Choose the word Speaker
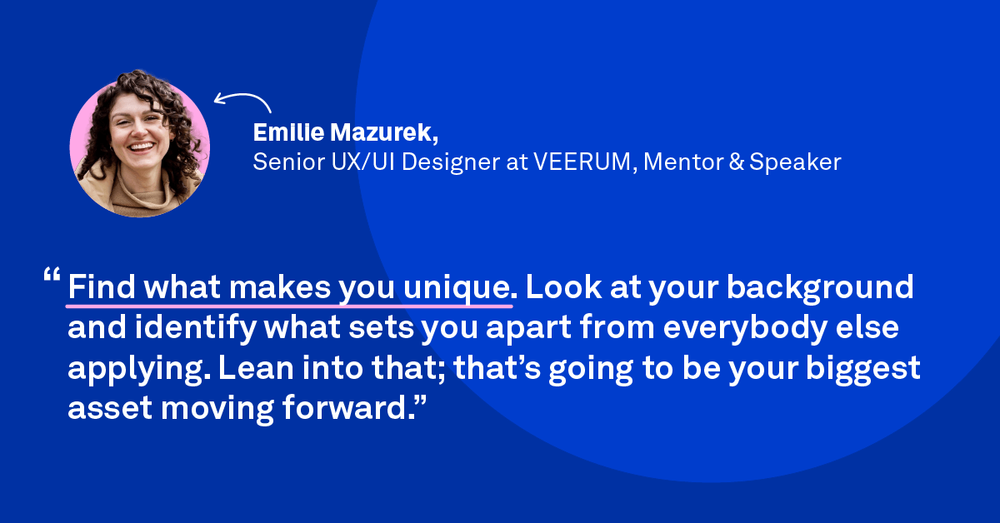point(795,162)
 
